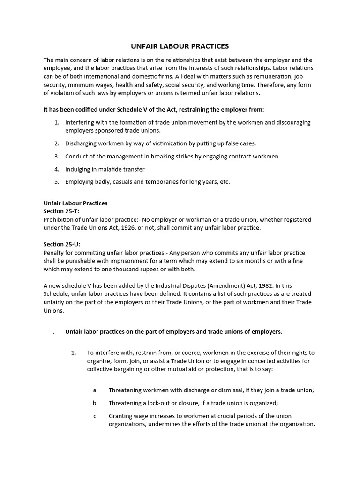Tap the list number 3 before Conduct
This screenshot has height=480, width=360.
coord(56,156)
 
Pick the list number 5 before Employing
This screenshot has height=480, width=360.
coord(56,181)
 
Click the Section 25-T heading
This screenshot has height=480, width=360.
coord(61,211)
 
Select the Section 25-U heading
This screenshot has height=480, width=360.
coord(62,244)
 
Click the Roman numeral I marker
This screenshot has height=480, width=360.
coord(52,331)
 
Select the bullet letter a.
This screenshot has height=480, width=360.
coord(95,390)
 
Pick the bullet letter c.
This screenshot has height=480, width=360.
coord(95,416)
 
